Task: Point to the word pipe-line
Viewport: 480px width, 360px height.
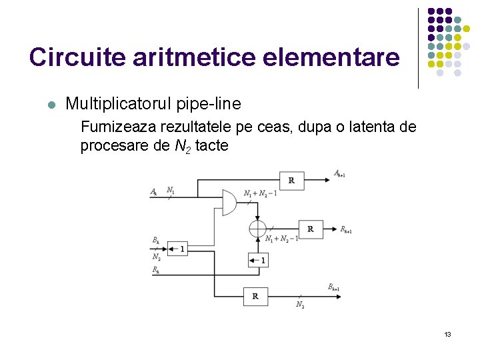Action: pyautogui.click(x=209, y=104)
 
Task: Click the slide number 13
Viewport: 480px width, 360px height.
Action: pyautogui.click(x=448, y=333)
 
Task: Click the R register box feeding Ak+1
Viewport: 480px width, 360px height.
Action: pyautogui.click(x=291, y=180)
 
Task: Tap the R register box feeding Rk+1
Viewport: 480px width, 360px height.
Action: pyautogui.click(x=310, y=229)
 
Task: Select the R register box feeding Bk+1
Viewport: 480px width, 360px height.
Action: pyautogui.click(x=255, y=295)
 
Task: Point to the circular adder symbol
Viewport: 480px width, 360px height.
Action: pyautogui.click(x=257, y=229)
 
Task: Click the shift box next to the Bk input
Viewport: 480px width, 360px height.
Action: pyautogui.click(x=177, y=249)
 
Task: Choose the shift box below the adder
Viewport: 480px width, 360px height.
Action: pyautogui.click(x=258, y=260)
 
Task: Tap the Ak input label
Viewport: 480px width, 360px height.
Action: pyautogui.click(x=154, y=192)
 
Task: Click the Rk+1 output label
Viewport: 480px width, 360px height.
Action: pyautogui.click(x=346, y=229)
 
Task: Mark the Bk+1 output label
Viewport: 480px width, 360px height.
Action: pyautogui.click(x=334, y=287)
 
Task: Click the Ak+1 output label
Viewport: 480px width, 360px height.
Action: pyautogui.click(x=339, y=174)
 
